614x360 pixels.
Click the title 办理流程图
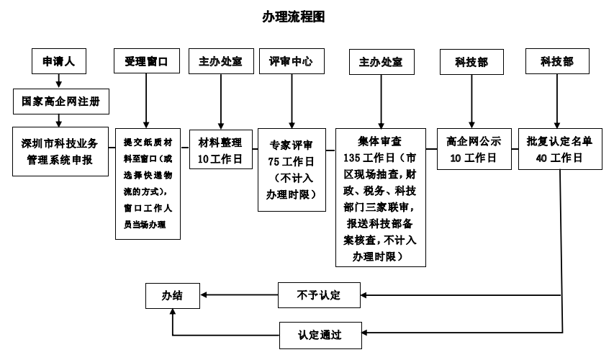tap(293, 17)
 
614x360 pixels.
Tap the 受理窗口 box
tap(146, 62)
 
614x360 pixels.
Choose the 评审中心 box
tap(291, 61)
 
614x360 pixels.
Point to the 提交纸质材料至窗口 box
tap(147, 183)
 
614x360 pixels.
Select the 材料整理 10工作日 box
tap(220, 150)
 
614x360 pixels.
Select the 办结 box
tap(172, 295)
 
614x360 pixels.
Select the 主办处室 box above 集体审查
tap(381, 63)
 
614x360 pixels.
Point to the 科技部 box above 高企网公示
tap(471, 63)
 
